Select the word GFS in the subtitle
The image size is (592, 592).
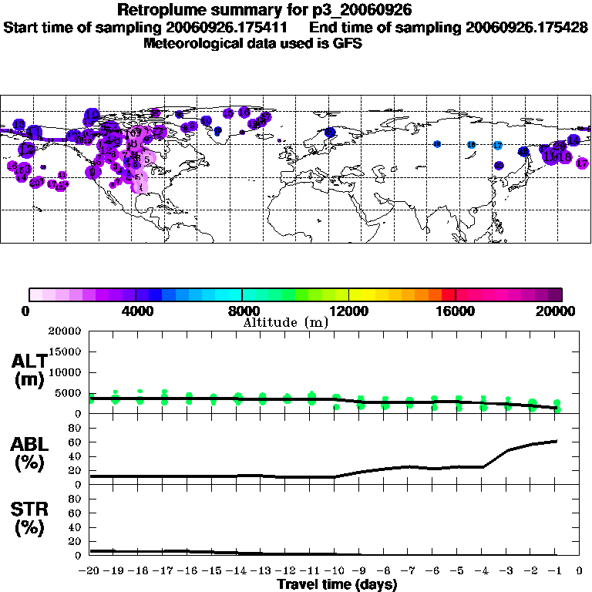point(346,43)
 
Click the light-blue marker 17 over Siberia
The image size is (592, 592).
point(497,145)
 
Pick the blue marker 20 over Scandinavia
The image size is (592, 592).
point(329,133)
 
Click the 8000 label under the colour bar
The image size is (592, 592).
point(242,311)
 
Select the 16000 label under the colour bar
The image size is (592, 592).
point(456,311)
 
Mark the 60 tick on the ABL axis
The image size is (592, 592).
point(76,442)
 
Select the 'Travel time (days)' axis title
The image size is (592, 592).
point(337,584)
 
